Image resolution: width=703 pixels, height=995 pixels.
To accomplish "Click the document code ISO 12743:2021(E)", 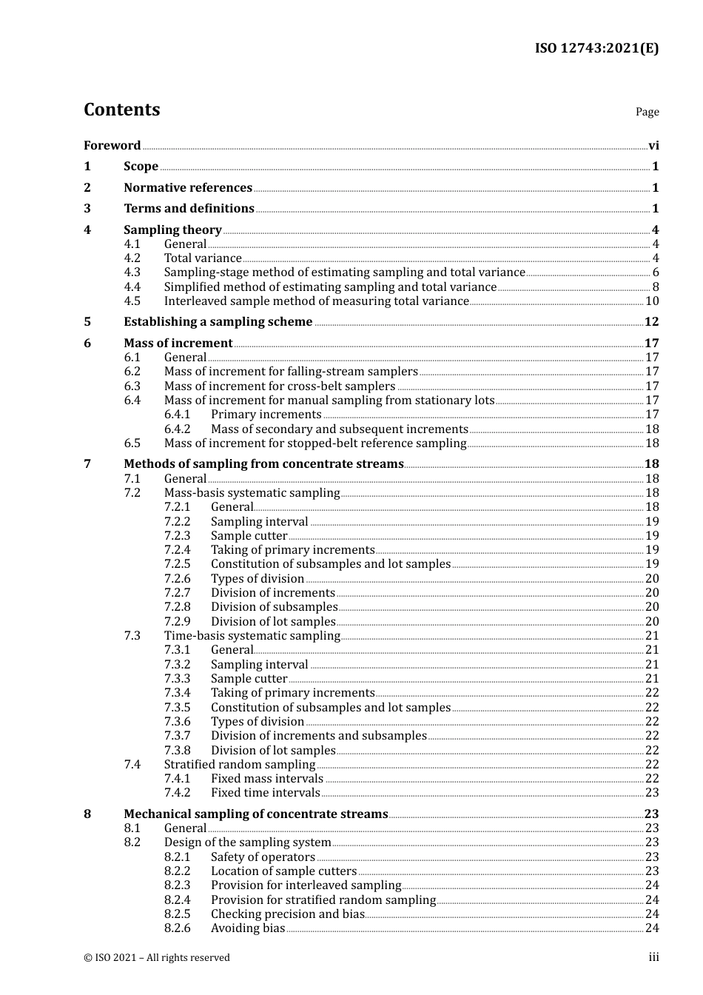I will pos(596,49).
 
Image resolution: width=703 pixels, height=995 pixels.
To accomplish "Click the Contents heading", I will pos(121,110).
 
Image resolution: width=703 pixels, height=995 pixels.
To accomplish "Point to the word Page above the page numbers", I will pos(647,112).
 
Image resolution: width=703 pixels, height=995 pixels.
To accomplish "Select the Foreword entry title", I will pos(112,146).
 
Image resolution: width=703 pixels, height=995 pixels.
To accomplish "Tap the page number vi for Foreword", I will pos(653,146).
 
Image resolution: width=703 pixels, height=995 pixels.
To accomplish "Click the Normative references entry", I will pos(188,188).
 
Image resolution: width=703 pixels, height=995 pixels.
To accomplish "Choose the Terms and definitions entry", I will pos(189,209).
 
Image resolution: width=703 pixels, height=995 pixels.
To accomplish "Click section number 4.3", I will pos(132,272).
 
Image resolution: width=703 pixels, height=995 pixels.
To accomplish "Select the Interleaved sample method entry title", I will pos(316,301).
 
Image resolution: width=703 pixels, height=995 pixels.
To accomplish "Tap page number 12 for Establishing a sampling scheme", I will pos(651,322).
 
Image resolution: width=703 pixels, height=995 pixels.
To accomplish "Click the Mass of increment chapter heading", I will pos(178,344).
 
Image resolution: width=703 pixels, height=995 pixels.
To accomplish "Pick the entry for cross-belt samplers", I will pos(279,386).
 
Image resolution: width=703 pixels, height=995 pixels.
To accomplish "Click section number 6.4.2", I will pos(177,429).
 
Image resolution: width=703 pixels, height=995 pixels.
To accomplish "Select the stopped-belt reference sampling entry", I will pos(314,443).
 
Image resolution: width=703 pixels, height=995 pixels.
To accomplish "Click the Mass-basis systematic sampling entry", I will pos(252,493).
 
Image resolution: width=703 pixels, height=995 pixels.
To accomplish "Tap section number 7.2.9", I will pos(177,622).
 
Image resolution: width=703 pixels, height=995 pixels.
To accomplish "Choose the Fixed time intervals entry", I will pos(265,793).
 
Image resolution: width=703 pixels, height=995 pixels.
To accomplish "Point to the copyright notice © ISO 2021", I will pos(156,958).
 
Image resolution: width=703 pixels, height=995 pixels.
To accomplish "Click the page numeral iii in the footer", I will pos(653,957).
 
